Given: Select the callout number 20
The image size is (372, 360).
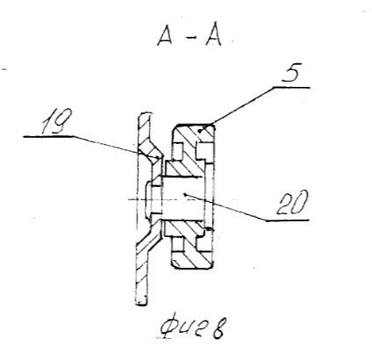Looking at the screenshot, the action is [292, 203].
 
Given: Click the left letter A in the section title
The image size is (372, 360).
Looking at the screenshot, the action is [165, 36].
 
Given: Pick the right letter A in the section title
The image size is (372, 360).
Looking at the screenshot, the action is [213, 36].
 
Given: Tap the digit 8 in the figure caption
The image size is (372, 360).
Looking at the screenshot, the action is [219, 329].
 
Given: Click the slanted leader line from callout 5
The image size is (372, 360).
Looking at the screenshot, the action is [241, 104].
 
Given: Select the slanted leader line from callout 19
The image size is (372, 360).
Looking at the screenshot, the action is [117, 147].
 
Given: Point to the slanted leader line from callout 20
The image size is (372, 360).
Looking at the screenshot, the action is [225, 207].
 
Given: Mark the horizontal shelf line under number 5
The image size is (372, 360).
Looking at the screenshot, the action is [291, 87].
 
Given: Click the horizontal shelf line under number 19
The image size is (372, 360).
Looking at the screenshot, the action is [48, 136].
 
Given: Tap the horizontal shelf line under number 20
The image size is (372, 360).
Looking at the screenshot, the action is [288, 220].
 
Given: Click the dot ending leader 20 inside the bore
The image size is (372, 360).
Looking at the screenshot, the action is [184, 194].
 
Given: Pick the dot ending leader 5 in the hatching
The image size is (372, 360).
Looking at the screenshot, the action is [199, 131].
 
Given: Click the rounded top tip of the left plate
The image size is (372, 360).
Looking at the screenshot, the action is [145, 114].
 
